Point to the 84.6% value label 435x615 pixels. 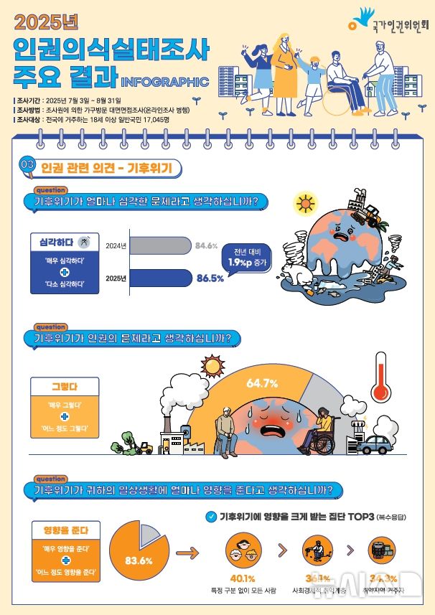pyautogui.click(x=206, y=246)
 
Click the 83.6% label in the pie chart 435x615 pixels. pyautogui.click(x=139, y=560)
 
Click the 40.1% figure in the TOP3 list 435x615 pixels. pyautogui.click(x=243, y=578)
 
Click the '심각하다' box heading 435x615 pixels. pyautogui.click(x=60, y=242)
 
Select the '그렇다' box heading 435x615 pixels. pyautogui.click(x=64, y=386)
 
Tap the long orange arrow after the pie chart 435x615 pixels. pyautogui.click(x=187, y=553)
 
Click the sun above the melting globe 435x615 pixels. pyautogui.click(x=306, y=203)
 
